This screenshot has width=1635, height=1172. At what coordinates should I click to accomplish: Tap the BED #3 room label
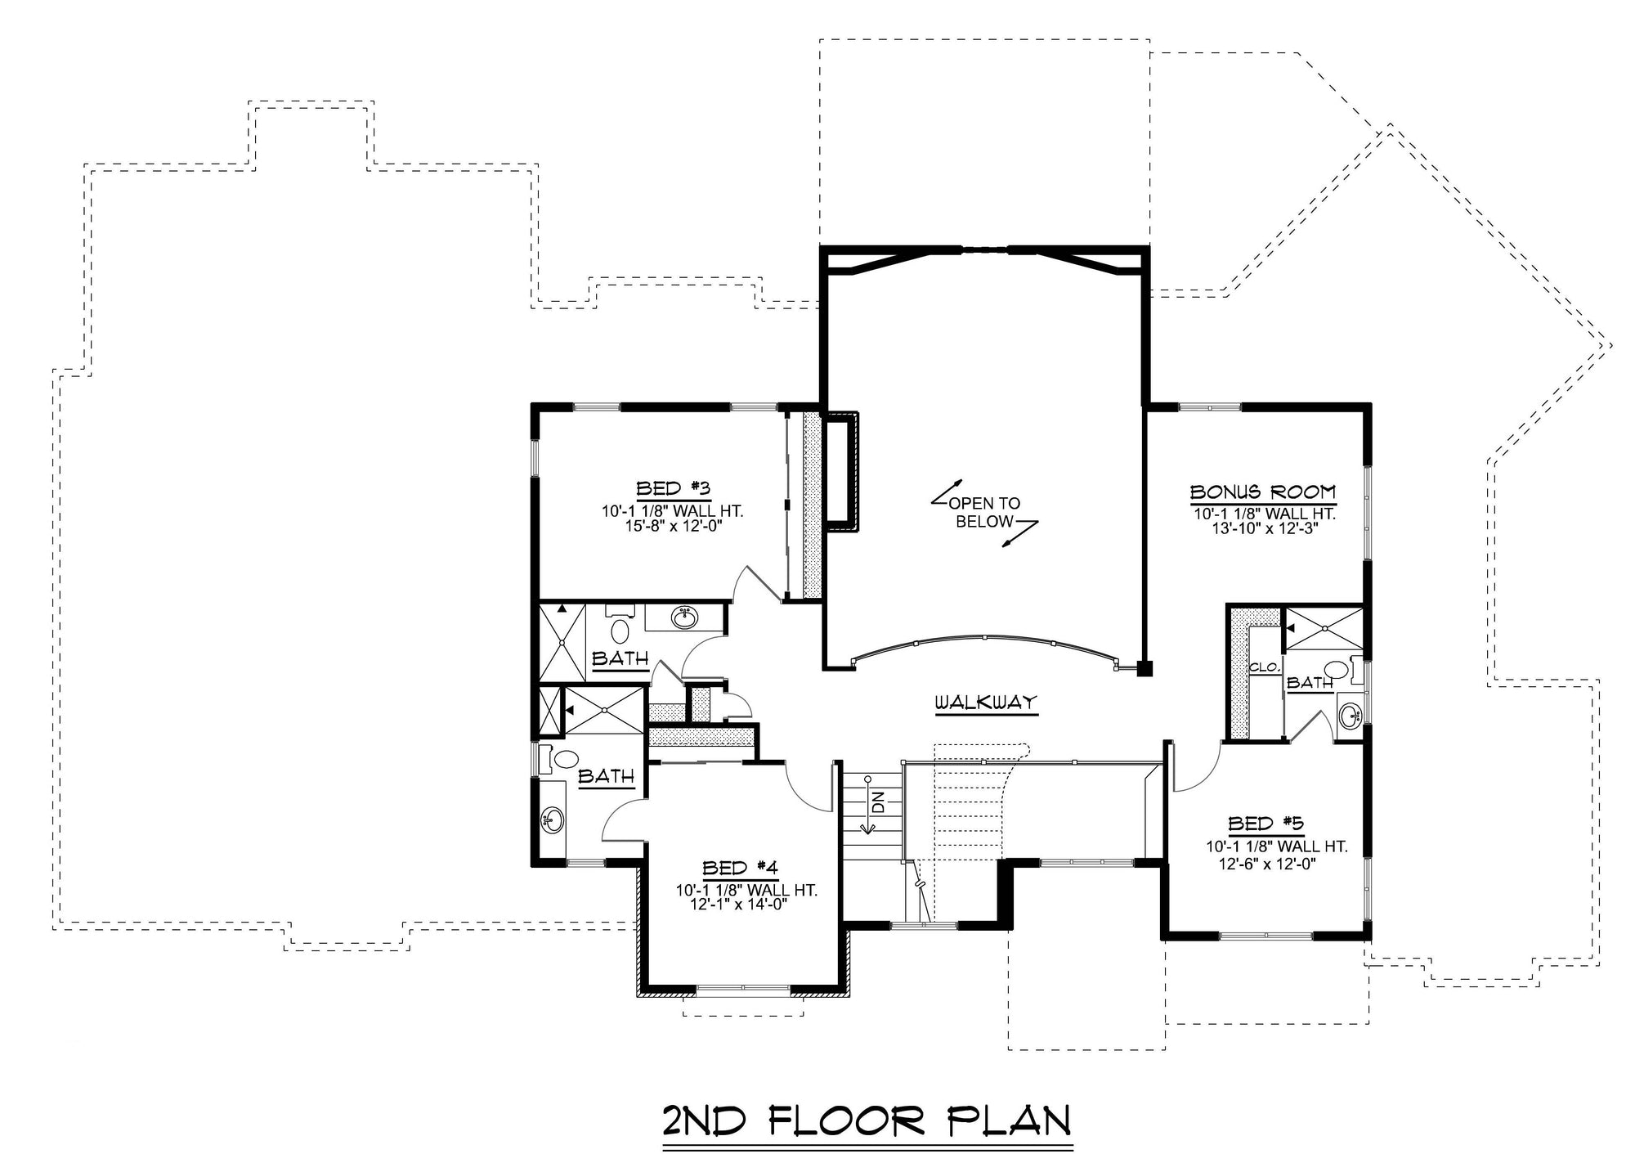point(672,488)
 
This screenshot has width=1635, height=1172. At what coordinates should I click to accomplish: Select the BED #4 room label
point(739,867)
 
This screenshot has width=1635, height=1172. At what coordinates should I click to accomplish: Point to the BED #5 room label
point(1265,823)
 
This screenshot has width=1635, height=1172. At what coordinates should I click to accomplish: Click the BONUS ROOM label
point(1263,492)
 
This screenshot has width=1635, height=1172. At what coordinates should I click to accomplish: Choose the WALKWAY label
point(986,702)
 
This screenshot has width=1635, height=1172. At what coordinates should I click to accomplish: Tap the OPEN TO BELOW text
point(984,513)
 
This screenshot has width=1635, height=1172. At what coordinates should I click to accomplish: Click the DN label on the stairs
point(878,802)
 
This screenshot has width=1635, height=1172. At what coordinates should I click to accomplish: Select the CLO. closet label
point(1264,667)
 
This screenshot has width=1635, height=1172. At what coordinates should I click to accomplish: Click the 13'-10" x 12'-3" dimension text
point(1264,528)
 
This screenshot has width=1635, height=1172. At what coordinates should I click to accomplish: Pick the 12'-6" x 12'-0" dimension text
point(1265,863)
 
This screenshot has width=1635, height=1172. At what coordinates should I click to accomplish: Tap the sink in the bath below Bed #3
point(683,617)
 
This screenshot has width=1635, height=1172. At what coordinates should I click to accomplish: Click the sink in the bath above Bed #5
point(1350,716)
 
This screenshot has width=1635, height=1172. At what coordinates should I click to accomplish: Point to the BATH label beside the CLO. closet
point(1310,682)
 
